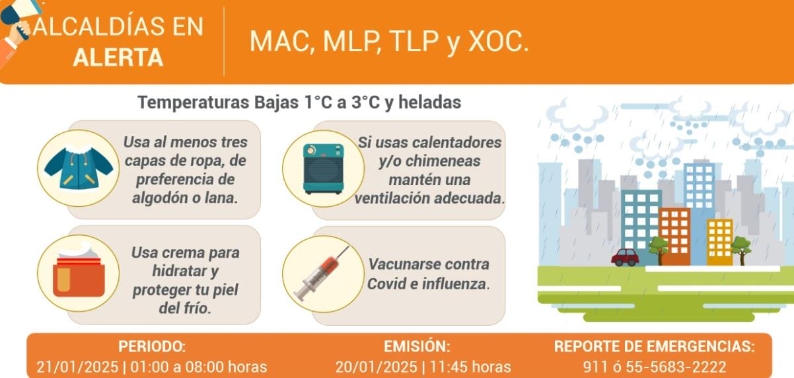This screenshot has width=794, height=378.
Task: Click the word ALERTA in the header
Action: (118, 58)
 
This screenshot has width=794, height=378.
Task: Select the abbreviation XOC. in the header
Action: (499, 42)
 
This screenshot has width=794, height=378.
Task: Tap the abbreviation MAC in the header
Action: (278, 42)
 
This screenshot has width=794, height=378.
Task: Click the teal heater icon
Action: (323, 169)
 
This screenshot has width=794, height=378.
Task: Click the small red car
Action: (625, 256)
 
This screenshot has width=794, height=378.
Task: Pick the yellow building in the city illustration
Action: (719, 242)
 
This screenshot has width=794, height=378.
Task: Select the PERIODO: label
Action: (152, 346)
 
